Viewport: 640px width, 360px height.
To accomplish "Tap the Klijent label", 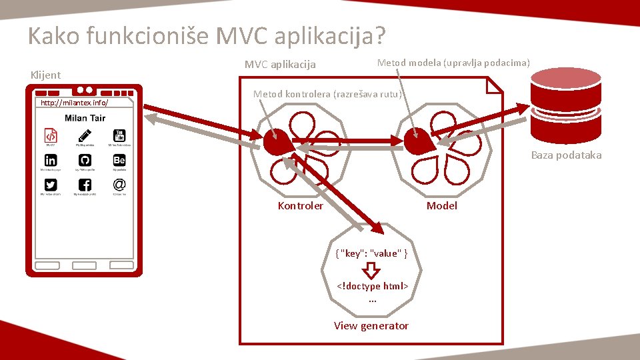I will tap(45, 75).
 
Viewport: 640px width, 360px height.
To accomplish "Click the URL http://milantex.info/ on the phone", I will tap(74, 103).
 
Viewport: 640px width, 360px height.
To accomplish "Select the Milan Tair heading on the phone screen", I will tap(85, 118).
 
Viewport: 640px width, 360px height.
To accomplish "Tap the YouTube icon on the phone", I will tap(119, 135).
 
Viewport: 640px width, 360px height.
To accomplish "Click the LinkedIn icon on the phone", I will tap(51, 160).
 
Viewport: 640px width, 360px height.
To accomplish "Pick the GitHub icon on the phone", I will tap(85, 160).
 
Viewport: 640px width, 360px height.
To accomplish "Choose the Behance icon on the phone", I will tap(119, 160).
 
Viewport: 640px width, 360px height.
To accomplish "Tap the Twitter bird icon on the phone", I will tap(51, 185).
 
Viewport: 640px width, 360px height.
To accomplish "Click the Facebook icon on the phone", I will tap(85, 185).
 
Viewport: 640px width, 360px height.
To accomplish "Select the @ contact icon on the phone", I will tap(119, 185).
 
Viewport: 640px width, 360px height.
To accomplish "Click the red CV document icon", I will tap(51, 135).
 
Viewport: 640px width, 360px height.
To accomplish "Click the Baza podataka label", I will tap(566, 155).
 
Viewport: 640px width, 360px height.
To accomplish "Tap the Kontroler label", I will tap(300, 205).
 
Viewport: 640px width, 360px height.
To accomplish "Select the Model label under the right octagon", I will tap(441, 205).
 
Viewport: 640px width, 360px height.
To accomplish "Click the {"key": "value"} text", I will tap(372, 253).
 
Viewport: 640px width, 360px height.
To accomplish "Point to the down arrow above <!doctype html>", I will tap(372, 270).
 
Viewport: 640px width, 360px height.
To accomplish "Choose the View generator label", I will tap(371, 325).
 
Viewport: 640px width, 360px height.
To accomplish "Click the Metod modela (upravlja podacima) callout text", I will tap(453, 63).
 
